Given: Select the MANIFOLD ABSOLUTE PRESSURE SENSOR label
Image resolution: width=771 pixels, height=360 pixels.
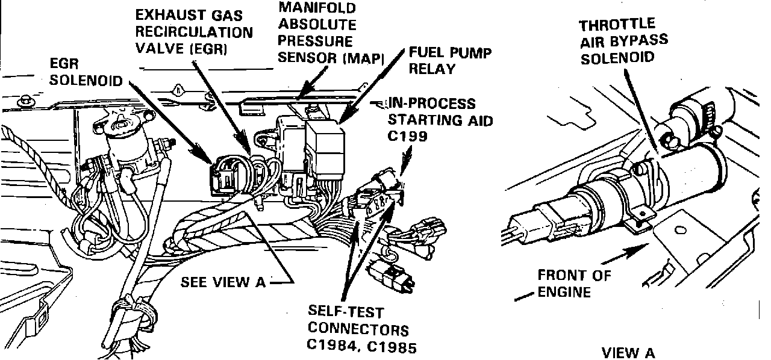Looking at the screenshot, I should tap(331, 34).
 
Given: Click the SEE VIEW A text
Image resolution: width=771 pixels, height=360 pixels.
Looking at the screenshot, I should tap(223, 282).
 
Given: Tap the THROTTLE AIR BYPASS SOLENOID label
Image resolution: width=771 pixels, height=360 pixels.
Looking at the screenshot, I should tap(623, 40).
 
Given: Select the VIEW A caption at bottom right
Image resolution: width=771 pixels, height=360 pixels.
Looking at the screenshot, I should tap(628, 353).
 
